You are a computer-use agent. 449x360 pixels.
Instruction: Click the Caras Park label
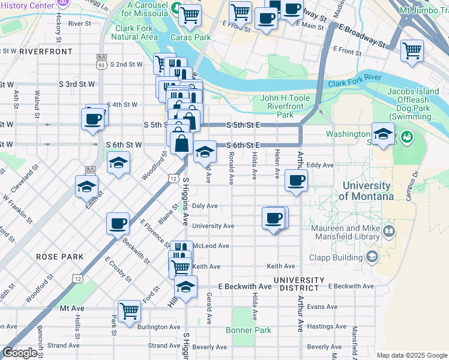[x=190, y=37]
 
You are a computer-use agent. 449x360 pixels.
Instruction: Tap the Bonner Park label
[x=249, y=330]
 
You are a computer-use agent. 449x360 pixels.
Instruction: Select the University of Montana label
[x=366, y=191]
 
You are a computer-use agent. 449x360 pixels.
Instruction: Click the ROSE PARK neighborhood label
[x=59, y=256]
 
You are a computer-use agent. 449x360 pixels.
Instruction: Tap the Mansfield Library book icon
[x=388, y=230]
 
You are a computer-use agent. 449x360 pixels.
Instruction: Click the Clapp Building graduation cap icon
[x=372, y=257]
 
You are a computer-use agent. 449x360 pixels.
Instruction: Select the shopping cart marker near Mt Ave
[x=129, y=311]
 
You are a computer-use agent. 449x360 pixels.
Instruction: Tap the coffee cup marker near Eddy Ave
[x=296, y=179]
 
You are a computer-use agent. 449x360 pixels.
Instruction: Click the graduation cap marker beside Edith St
[x=87, y=187]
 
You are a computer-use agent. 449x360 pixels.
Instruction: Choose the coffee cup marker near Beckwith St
[x=118, y=223]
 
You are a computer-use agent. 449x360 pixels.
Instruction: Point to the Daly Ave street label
[x=204, y=206]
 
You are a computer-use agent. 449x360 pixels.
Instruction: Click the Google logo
[x=20, y=353]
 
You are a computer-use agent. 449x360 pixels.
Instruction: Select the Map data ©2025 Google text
[x=411, y=355]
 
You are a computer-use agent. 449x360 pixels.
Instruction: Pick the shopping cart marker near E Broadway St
[x=412, y=50]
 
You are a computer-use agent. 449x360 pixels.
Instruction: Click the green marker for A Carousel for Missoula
[x=175, y=8]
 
